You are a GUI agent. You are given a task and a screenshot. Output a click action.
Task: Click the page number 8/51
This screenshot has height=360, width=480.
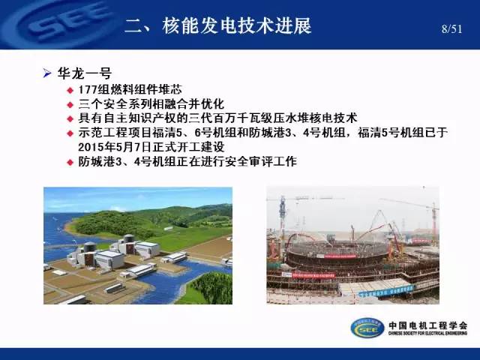tap(451, 29)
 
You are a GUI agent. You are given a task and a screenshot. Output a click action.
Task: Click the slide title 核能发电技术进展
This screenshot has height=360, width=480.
tap(237, 25)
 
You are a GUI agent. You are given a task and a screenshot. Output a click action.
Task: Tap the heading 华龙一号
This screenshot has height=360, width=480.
tap(85, 73)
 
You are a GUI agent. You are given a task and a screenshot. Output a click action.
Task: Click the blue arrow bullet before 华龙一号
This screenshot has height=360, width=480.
tap(46, 73)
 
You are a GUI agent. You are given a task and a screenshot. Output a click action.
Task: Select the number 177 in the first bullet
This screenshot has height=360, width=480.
tap(88, 90)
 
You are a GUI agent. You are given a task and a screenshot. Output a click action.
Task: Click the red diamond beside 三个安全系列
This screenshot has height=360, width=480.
tap(70, 105)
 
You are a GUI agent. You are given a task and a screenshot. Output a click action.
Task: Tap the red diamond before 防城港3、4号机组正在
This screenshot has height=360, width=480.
tap(70, 162)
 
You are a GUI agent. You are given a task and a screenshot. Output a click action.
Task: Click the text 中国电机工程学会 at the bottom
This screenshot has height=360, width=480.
tap(428, 325)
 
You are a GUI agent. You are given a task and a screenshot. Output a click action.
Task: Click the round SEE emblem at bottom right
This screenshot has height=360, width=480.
tap(367, 328)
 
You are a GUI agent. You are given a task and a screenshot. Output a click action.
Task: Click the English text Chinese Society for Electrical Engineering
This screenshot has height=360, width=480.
tap(428, 333)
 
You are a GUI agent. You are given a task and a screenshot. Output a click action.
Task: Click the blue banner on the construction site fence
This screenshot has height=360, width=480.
tap(386, 290)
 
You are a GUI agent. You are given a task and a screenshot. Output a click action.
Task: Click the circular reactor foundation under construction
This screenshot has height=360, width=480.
tap(337, 254)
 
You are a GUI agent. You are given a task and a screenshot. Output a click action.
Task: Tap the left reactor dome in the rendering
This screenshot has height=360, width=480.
tap(90, 247)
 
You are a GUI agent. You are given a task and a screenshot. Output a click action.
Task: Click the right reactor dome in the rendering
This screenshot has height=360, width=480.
tap(129, 238)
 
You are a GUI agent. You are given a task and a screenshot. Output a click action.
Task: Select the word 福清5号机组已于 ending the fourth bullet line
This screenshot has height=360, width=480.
tap(403, 133)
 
